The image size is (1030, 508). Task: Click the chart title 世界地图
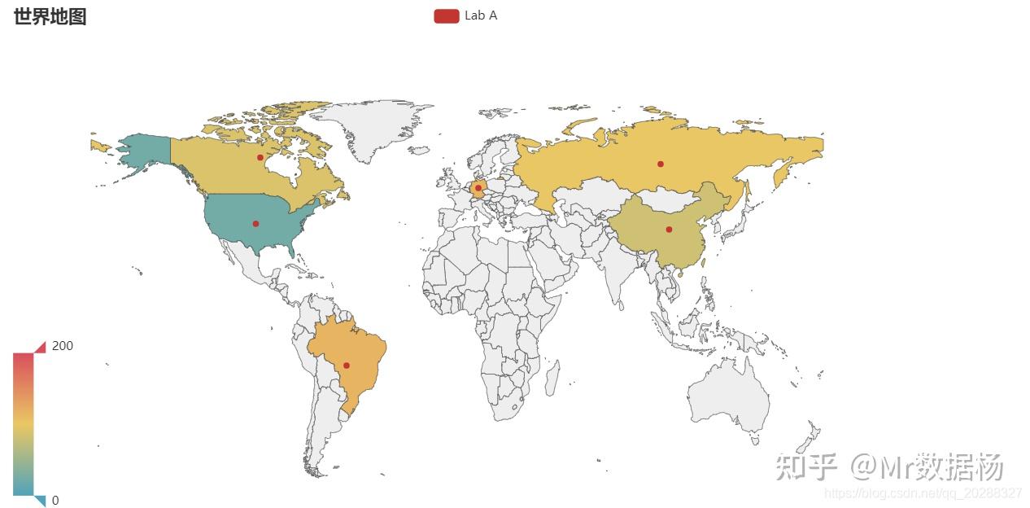coord(50,16)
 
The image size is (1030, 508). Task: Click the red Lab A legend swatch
coord(446,15)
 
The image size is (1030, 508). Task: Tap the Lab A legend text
coord(481,15)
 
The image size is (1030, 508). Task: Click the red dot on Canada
coord(260,157)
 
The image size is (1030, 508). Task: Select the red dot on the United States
coord(255,223)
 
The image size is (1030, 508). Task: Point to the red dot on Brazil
coord(347,365)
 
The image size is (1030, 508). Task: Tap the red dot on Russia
coord(660,164)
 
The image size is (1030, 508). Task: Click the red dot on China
coord(669,229)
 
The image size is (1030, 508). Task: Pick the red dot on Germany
coord(478,188)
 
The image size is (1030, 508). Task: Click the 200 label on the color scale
coord(63,346)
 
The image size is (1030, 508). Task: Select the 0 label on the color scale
coord(55,501)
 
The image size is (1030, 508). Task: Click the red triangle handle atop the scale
coord(40,347)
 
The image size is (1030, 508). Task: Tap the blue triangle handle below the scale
coord(40,501)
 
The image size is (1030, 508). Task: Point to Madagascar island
coord(551,379)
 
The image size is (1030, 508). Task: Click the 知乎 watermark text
coord(805,467)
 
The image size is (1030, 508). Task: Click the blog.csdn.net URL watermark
coord(923,493)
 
